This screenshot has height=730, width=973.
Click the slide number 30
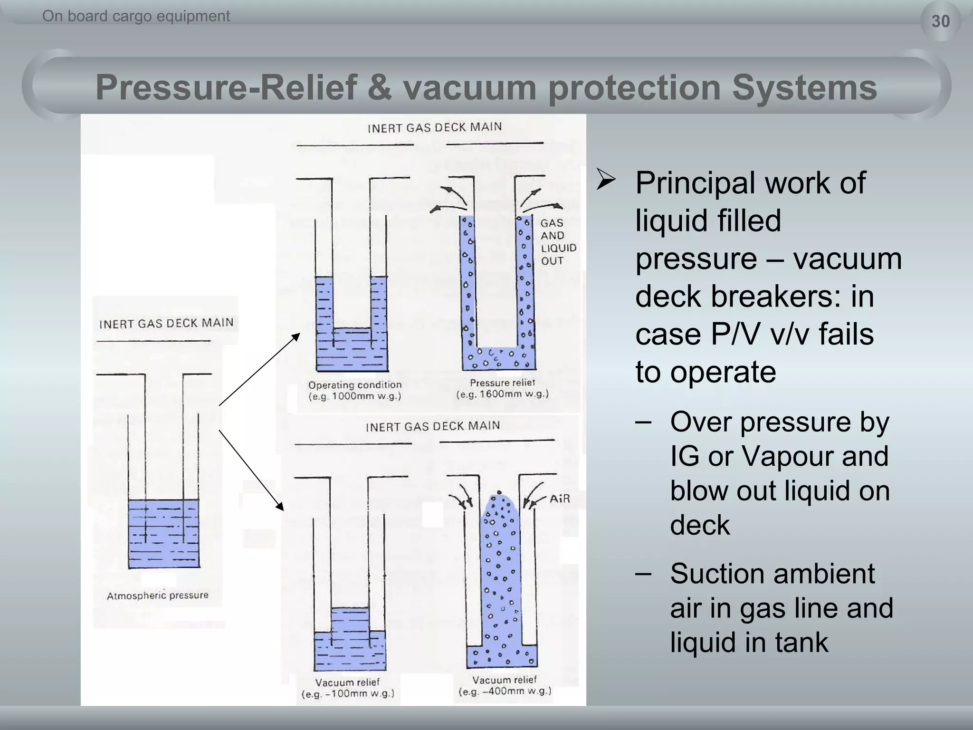(940, 21)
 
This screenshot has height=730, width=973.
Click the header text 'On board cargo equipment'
(136, 16)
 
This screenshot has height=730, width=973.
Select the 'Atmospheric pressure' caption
(157, 596)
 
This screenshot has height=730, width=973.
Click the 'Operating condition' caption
(354, 384)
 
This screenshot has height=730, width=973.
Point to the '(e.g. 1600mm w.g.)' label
(502, 394)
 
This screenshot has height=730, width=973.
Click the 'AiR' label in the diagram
(559, 499)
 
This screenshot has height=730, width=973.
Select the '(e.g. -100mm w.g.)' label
(348, 694)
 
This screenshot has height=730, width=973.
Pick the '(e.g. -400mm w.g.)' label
(505, 692)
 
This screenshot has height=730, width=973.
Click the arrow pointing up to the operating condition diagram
(259, 369)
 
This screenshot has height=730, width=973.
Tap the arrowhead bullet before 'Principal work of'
(606, 181)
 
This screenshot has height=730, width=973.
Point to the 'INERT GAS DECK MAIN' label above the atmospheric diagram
(166, 324)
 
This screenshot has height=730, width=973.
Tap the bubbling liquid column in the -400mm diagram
(500, 570)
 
